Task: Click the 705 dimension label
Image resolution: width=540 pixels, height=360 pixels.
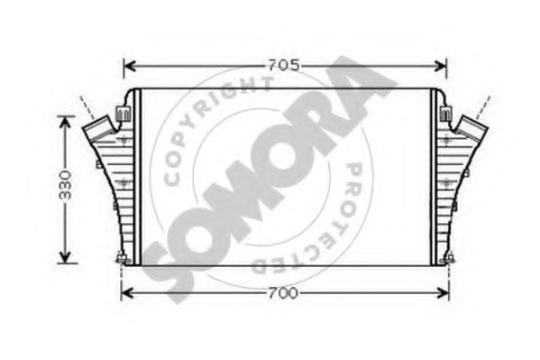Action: [x=285, y=65]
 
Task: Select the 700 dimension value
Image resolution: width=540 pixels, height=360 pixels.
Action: [x=285, y=292]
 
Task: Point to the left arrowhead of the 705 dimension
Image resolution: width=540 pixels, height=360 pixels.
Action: [x=128, y=65]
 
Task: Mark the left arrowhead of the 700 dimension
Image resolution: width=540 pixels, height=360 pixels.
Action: [x=126, y=292]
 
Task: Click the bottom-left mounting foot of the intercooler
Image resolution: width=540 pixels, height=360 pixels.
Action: [x=120, y=261]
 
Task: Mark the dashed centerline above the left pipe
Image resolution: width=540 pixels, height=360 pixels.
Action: [x=85, y=103]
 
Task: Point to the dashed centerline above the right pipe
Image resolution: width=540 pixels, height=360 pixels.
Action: [x=488, y=99]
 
